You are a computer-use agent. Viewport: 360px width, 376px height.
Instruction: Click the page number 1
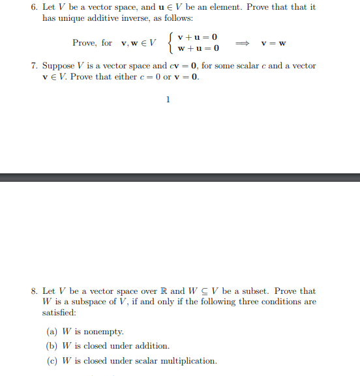point(168,100)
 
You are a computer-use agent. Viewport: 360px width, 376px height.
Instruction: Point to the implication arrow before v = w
point(241,43)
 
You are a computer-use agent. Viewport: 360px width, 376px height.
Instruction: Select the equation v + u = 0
point(197,37)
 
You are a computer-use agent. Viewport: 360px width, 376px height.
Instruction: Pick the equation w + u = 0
point(198,48)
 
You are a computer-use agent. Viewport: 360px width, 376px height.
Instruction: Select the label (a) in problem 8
point(52,331)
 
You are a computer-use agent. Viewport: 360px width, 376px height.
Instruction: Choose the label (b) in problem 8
point(52,346)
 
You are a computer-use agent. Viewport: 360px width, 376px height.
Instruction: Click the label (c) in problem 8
point(52,361)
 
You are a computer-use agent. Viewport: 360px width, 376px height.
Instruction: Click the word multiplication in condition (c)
point(190,361)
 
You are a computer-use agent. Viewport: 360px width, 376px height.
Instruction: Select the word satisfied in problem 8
point(61,313)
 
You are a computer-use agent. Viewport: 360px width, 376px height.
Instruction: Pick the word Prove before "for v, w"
point(84,43)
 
